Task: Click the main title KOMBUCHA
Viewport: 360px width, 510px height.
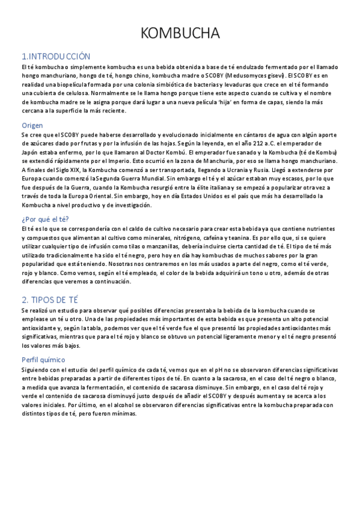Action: tap(180, 32)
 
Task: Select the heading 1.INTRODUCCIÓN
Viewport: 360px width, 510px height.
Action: tap(55, 55)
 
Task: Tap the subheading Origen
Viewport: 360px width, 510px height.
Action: tap(32, 125)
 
